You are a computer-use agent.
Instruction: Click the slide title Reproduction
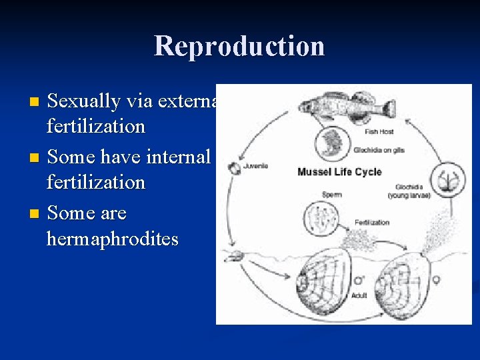point(239,47)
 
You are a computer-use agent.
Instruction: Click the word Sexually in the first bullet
point(84,101)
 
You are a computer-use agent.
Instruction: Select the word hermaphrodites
point(113,239)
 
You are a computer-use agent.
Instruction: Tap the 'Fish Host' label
point(379,132)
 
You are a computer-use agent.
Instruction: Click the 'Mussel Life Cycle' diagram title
point(339,171)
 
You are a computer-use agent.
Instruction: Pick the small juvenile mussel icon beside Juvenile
point(234,169)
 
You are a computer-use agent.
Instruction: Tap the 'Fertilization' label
point(372,222)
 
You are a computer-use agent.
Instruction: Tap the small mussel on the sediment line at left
point(236,256)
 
